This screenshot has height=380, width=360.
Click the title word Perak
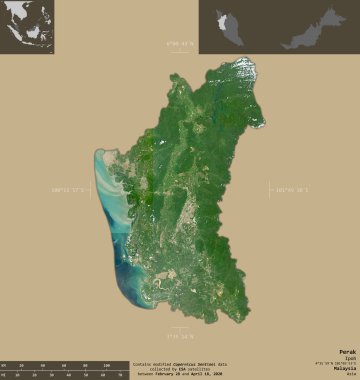pos(347,352)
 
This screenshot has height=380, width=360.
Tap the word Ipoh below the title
pos(350,358)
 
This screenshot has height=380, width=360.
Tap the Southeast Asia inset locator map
pos(27,26)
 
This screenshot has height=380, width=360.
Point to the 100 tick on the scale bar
pos(104,366)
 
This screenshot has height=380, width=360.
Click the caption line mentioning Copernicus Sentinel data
pos(179,365)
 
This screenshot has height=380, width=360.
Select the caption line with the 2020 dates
pos(179,375)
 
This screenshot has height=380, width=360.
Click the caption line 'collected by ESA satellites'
pos(179,370)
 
